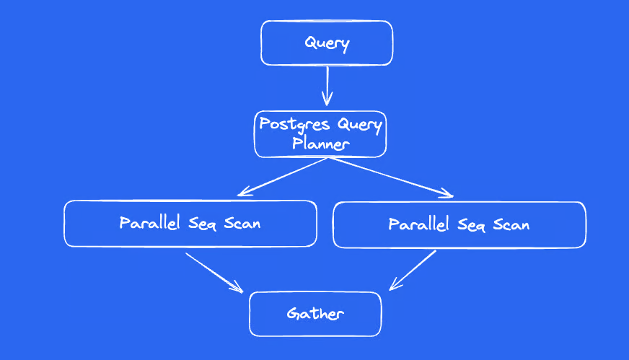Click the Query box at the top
tap(327, 43)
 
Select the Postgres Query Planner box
tap(320, 134)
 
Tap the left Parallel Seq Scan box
tap(190, 224)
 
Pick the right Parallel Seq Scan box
tap(459, 225)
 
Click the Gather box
tap(315, 314)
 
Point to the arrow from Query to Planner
tap(327, 86)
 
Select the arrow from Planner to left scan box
tap(283, 177)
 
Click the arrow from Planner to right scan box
tap(391, 177)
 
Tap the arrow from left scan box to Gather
tap(215, 273)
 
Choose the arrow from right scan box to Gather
tap(413, 270)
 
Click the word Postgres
tap(294, 124)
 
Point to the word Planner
tap(320, 144)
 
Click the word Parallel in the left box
tap(149, 222)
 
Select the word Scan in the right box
tap(511, 225)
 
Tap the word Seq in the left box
tap(202, 224)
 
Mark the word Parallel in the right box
tap(418, 224)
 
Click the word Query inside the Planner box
tap(359, 126)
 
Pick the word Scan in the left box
tap(242, 223)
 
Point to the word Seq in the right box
tap(471, 225)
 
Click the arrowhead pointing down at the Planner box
tap(327, 100)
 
